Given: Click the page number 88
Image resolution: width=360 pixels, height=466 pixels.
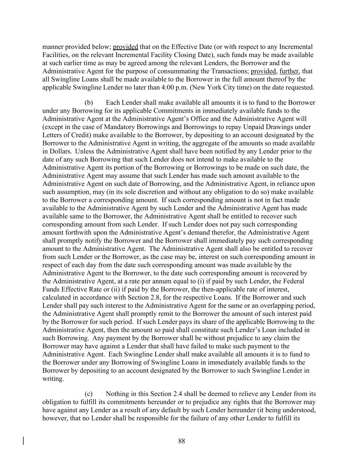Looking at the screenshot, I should (x=182, y=441).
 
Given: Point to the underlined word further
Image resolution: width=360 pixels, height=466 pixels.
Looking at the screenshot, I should (x=289, y=71).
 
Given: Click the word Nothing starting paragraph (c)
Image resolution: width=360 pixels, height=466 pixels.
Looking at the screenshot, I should (x=117, y=394).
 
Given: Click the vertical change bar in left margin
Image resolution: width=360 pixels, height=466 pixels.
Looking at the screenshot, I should (x=24, y=441).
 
